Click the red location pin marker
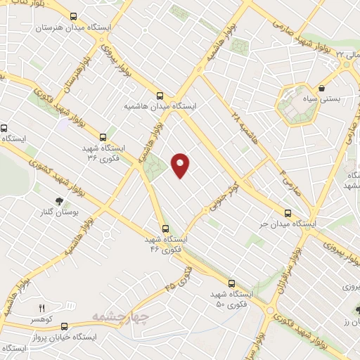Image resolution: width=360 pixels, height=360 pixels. (181, 165)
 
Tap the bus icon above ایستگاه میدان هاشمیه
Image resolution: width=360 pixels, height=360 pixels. (160, 95)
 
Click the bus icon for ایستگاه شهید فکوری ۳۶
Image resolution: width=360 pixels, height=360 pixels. (104, 137)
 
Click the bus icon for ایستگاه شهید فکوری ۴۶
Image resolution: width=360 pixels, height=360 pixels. (166, 228)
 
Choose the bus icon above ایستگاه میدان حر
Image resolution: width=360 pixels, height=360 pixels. (287, 212)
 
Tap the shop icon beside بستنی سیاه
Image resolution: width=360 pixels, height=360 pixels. (322, 89)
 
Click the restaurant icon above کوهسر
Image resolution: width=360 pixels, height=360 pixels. (41, 308)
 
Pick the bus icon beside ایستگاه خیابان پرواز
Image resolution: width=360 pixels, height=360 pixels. (65, 326)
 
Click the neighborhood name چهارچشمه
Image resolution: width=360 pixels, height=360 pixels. (120, 319)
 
